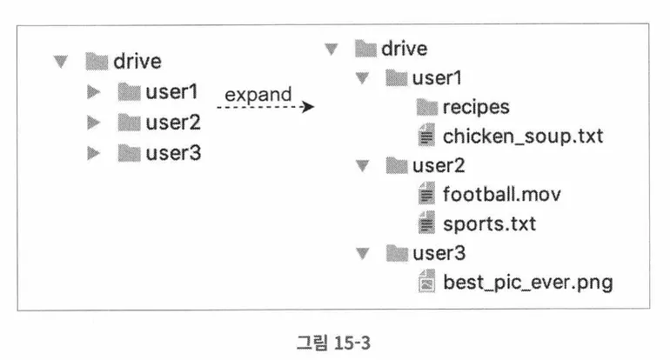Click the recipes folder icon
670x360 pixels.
coord(426,107)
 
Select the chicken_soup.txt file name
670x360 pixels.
coord(522,137)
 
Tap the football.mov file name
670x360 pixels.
coord(501,194)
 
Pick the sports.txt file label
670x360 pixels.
coord(489,223)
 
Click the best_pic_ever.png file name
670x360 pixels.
coord(527,283)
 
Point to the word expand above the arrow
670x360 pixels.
coord(258,93)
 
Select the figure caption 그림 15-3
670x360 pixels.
coord(333,342)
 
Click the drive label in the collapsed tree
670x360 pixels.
coord(137,61)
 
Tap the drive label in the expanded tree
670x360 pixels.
coord(404,48)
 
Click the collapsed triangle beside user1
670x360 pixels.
coord(94,90)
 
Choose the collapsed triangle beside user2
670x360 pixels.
coord(94,122)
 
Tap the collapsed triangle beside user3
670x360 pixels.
coord(94,153)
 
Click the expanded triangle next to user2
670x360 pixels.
coord(362,165)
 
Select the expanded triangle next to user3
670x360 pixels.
coord(362,254)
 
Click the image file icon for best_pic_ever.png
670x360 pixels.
coord(426,283)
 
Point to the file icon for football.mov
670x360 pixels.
coord(426,194)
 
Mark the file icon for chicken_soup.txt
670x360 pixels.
coord(426,137)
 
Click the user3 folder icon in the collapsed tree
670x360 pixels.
coord(130,153)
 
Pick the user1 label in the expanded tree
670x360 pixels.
coord(437,78)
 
